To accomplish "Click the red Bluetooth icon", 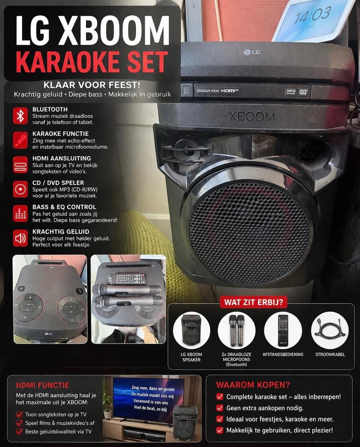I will pyautogui.click(x=20, y=116).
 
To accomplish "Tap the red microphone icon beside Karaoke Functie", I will pyautogui.click(x=20, y=140).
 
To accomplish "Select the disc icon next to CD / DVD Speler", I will pyautogui.click(x=20, y=189).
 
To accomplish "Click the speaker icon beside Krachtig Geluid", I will pyautogui.click(x=20, y=238).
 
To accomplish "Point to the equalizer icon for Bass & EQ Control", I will pyautogui.click(x=20, y=213).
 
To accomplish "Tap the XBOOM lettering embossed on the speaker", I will pyautogui.click(x=252, y=117).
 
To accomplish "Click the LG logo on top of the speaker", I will pyautogui.click(x=252, y=52).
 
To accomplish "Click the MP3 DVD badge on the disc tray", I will pyautogui.click(x=297, y=92).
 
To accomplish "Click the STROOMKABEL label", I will pyautogui.click(x=330, y=354).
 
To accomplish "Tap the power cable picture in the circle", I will pyautogui.click(x=330, y=330).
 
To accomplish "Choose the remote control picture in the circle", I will pyautogui.click(x=283, y=330).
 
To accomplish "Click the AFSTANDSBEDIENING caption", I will pyautogui.click(x=283, y=354).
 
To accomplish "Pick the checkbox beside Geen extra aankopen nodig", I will pyautogui.click(x=220, y=408).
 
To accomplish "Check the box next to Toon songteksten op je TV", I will pyautogui.click(x=19, y=414).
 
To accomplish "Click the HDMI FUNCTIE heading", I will pyautogui.click(x=42, y=385).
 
